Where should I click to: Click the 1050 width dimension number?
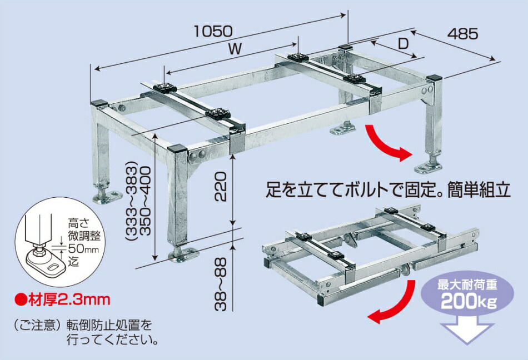[213, 31]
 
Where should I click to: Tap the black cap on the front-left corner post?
[99, 102]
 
